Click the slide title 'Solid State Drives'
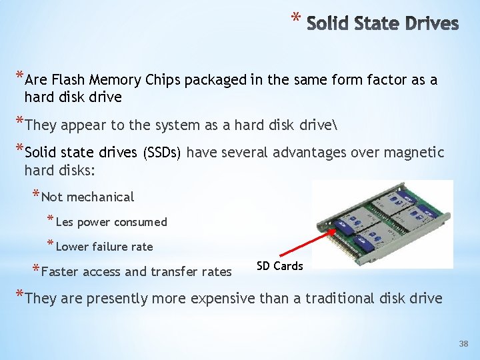pyautogui.click(x=383, y=24)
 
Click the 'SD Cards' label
pyautogui.click(x=279, y=266)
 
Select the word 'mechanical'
pyautogui.click(x=101, y=197)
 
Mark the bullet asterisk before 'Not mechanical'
pyautogui.click(x=35, y=195)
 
